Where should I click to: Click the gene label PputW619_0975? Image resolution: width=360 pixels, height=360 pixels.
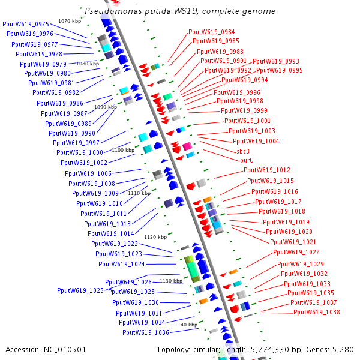coord(26,24)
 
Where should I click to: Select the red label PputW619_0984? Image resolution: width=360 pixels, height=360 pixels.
coord(212,32)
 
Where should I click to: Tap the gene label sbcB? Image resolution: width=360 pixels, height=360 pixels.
coord(243,151)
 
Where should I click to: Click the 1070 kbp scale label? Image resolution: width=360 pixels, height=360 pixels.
coord(69,21)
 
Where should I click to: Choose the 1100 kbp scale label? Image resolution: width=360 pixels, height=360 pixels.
coord(123,150)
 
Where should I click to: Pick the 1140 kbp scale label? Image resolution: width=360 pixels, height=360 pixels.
coord(186,325)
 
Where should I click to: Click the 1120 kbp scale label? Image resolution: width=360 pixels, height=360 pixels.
coord(155,237)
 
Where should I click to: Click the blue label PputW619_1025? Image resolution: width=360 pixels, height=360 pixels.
coord(80,290)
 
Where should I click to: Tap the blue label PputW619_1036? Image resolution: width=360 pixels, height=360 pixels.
coord(146,332)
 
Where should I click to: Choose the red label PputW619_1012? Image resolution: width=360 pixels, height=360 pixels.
coord(267,170)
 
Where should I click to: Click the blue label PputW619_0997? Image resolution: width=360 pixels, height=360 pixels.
coord(80,143)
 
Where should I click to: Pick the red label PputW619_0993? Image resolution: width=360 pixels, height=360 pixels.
coord(276,61)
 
